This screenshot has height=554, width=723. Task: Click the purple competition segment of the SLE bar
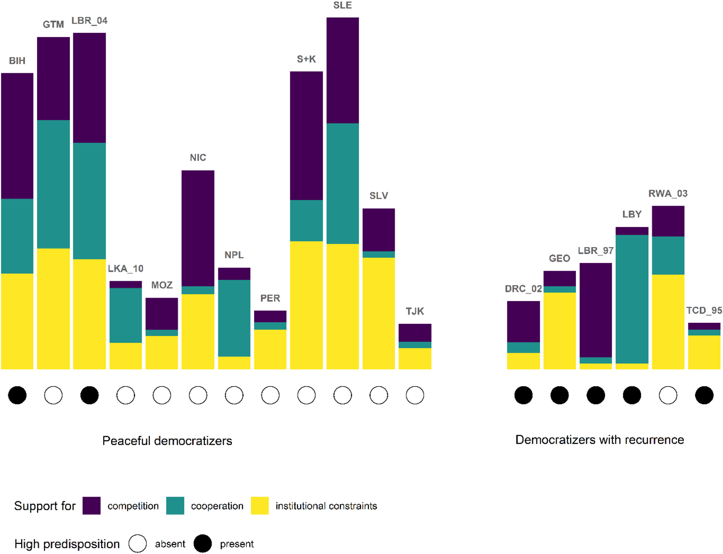342,70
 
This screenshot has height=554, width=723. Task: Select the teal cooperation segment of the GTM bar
53,184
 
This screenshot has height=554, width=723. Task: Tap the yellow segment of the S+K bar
306,305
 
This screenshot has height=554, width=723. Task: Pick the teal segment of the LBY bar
631,299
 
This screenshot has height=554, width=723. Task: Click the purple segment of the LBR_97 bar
595,310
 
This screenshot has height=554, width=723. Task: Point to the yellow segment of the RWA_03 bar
668,321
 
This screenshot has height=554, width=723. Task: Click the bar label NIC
198,158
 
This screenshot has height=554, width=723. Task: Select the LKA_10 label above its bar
125,269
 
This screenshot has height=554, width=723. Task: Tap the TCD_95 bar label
704,311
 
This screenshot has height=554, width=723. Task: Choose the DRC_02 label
523,289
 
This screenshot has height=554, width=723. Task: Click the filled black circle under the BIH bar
17,396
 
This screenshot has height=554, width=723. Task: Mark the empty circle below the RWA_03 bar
668,396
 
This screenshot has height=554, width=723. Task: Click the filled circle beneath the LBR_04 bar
89,396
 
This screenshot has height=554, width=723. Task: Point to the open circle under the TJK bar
415,396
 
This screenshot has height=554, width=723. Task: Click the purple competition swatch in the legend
92,506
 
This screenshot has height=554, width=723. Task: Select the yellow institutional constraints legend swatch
260,506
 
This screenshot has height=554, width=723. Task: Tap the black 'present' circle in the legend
202,544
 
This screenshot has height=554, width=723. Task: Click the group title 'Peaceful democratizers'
167,441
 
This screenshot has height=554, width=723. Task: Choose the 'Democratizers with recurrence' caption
599,440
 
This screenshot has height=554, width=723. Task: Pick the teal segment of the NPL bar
234,318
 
